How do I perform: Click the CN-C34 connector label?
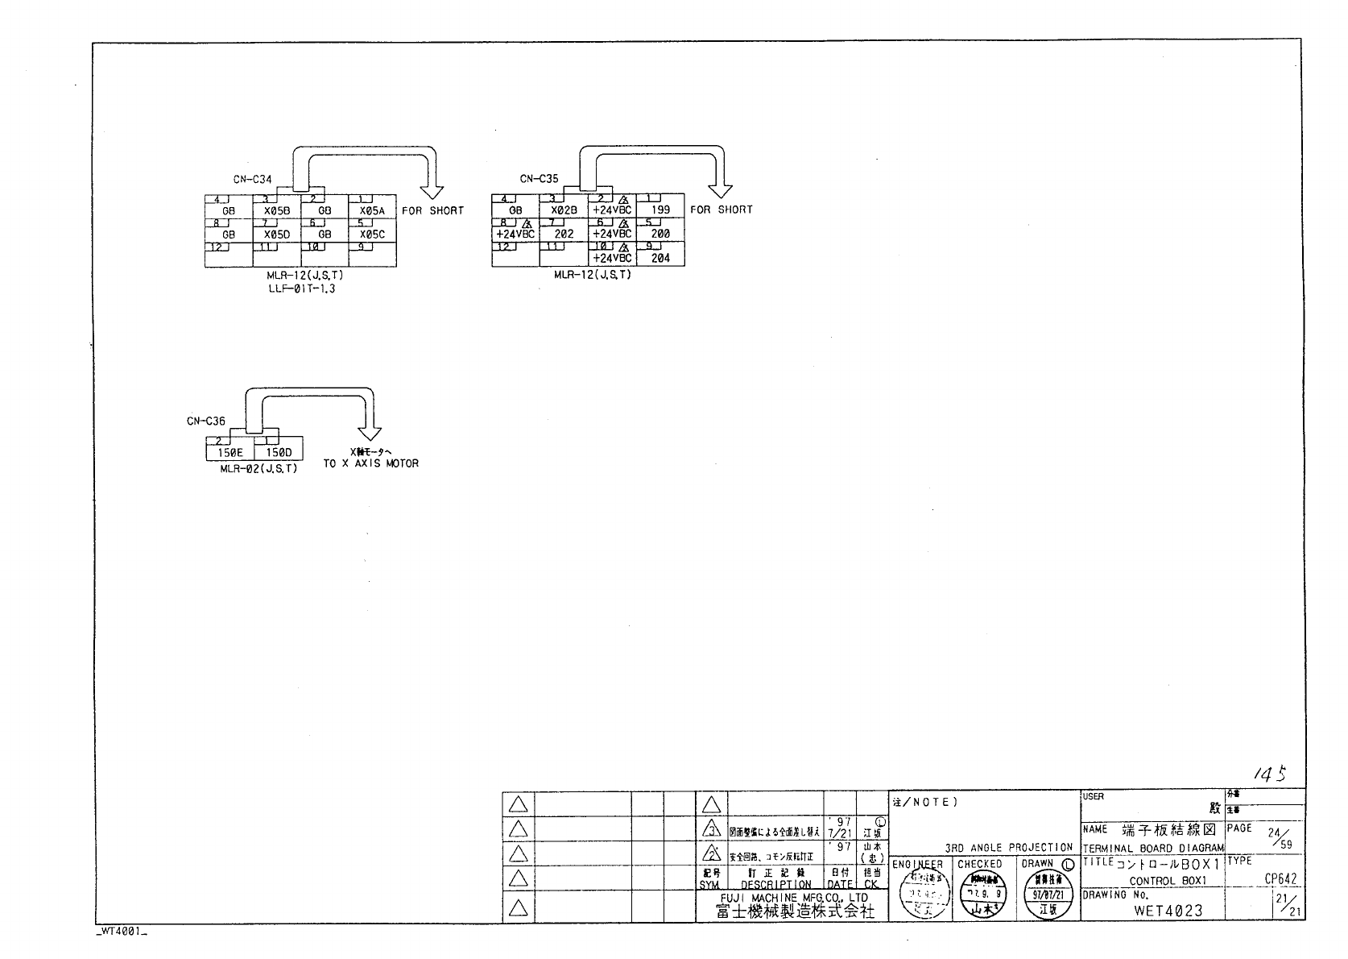click(253, 179)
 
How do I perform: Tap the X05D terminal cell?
click(276, 235)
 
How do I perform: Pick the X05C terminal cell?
click(372, 235)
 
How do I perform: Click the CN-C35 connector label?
click(540, 179)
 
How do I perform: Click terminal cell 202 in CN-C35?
click(564, 234)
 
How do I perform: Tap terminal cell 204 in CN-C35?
click(660, 258)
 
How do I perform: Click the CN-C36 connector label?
click(206, 421)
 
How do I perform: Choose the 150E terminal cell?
click(229, 453)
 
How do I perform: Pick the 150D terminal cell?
click(278, 453)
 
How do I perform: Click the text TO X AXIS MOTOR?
click(371, 463)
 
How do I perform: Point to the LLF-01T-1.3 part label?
click(301, 288)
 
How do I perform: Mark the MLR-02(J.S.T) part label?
click(258, 468)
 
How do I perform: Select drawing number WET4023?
click(1168, 911)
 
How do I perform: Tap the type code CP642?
click(1280, 879)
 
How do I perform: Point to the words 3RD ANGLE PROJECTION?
click(1009, 848)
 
